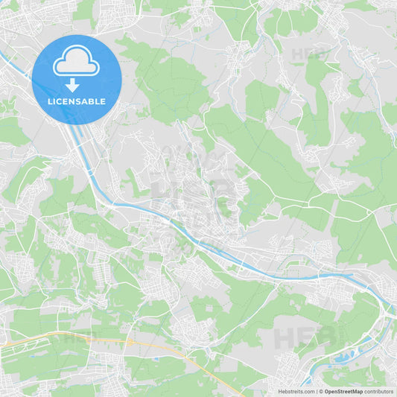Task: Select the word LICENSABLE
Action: pyautogui.click(x=76, y=101)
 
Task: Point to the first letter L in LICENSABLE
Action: pyautogui.click(x=48, y=101)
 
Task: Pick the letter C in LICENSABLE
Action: pyautogui.click(x=60, y=101)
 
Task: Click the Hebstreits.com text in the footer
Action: pyautogui.click(x=296, y=390)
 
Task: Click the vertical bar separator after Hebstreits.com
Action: pyautogui.click(x=316, y=390)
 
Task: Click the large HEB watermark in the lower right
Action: pyautogui.click(x=305, y=335)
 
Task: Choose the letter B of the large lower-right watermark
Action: pyautogui.click(x=326, y=335)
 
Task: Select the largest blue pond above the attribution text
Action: pyautogui.click(x=347, y=358)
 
